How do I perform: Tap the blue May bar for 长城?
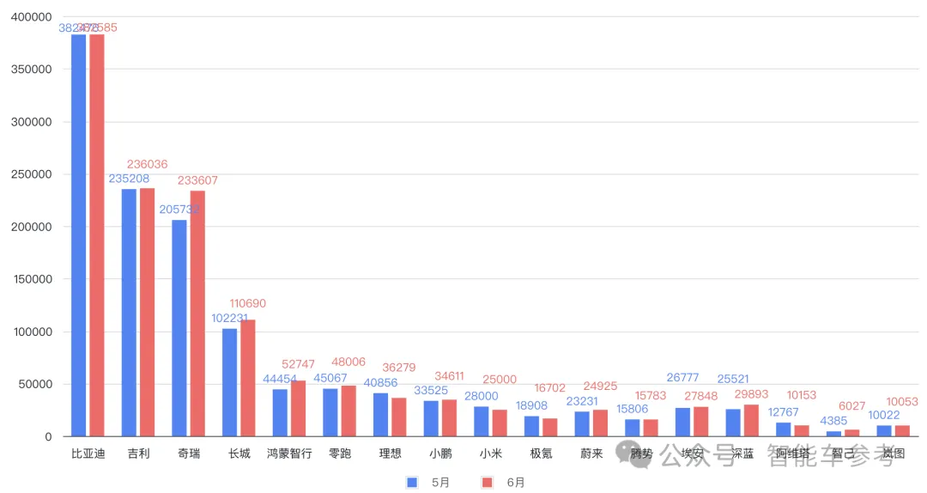[229, 382]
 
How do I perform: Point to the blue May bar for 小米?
[482, 421]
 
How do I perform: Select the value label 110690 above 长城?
[248, 303]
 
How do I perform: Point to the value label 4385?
[833, 421]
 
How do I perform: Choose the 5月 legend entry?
[428, 482]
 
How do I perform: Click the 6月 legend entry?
[503, 482]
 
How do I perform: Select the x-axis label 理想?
[391, 453]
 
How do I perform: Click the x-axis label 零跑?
[340, 453]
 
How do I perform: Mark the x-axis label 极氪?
[541, 453]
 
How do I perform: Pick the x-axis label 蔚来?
[591, 453]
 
